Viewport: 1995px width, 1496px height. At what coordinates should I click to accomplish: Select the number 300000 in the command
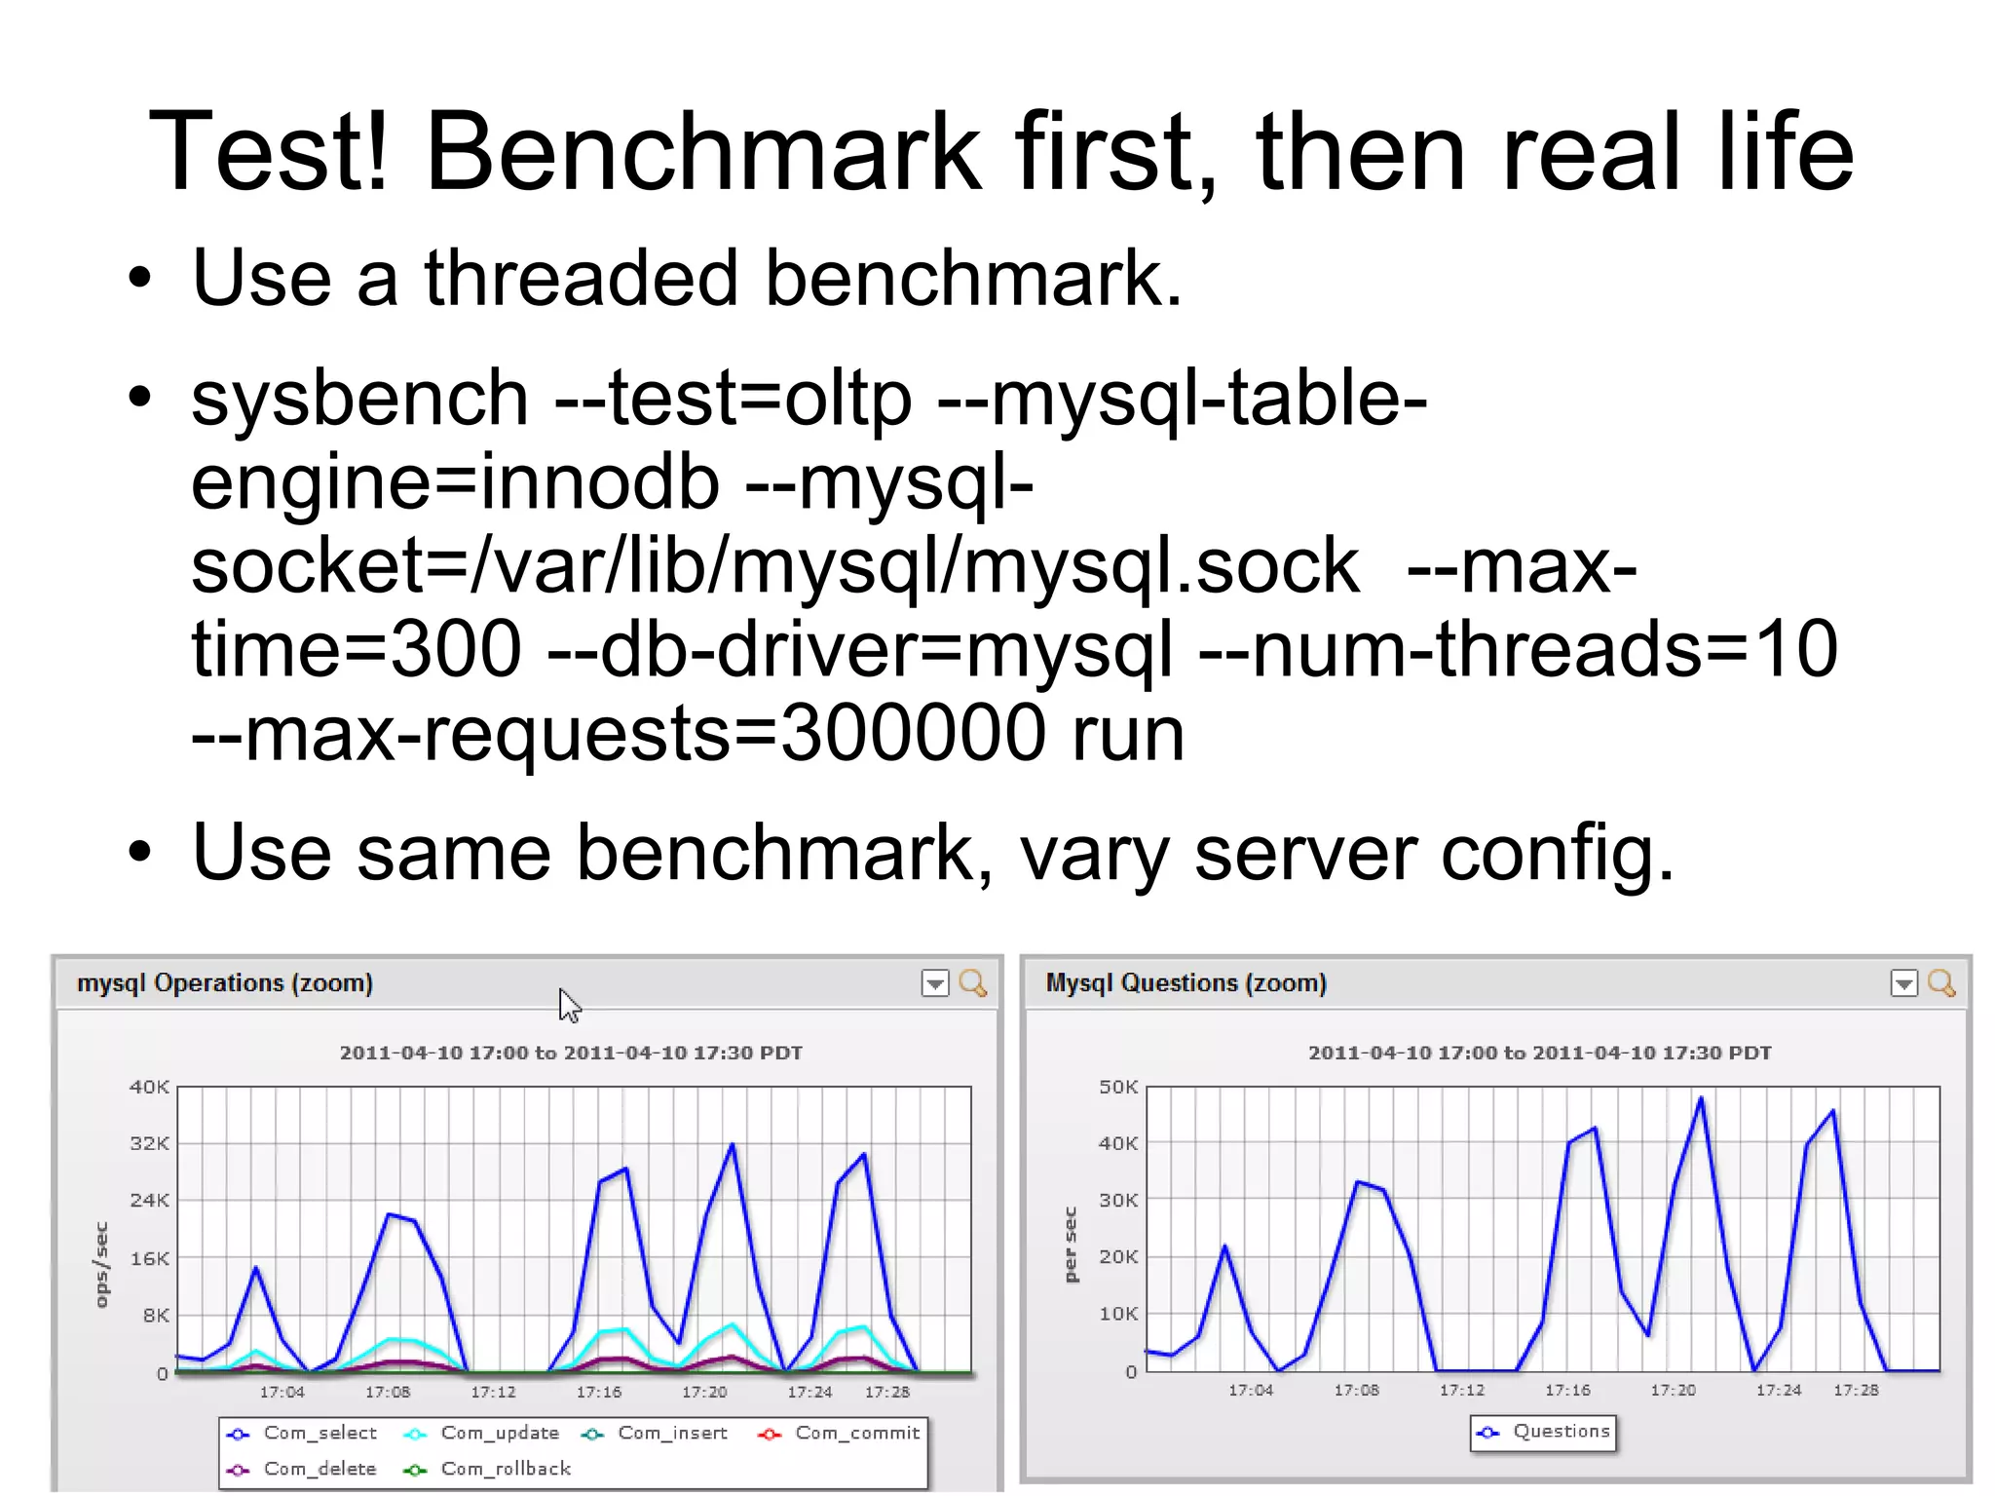[913, 734]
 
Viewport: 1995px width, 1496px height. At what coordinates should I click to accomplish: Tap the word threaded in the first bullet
[582, 279]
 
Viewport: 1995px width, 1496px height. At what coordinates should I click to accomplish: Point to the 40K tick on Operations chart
[149, 1087]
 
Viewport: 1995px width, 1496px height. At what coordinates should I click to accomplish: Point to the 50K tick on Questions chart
[1117, 1087]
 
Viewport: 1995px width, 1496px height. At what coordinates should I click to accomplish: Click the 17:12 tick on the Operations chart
[493, 1392]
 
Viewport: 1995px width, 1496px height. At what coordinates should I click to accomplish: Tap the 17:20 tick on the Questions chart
[1673, 1390]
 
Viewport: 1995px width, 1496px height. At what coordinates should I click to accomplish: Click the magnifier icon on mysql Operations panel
[972, 983]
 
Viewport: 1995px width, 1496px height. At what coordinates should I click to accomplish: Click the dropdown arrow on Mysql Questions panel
[1903, 983]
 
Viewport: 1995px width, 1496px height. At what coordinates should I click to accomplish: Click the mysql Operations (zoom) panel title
[225, 983]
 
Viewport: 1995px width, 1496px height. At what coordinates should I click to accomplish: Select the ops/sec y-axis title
[100, 1264]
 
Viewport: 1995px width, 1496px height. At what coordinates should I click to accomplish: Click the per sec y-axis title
[1070, 1245]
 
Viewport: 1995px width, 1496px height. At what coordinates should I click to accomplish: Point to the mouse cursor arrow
[569, 1005]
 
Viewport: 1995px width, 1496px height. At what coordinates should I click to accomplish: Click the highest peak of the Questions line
[1701, 1098]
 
